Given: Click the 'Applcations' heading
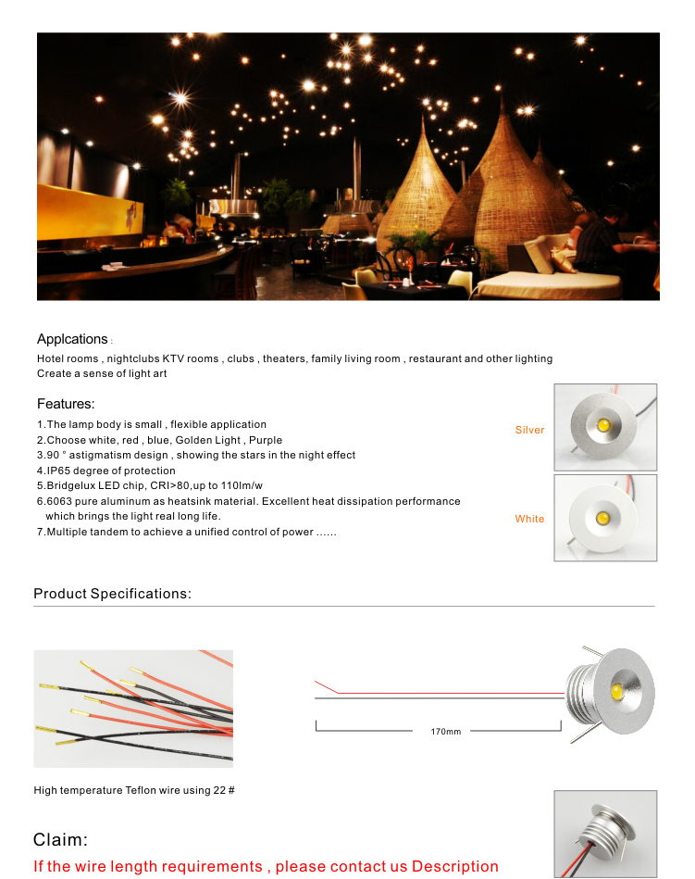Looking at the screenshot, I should pyautogui.click(x=72, y=339).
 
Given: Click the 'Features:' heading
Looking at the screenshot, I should pyautogui.click(x=66, y=404).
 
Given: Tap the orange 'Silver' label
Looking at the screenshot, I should pyautogui.click(x=529, y=430).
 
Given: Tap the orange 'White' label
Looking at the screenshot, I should pyautogui.click(x=529, y=519).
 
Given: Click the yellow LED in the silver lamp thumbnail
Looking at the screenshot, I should pyautogui.click(x=604, y=425).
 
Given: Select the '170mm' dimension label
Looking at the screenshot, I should pyautogui.click(x=445, y=732).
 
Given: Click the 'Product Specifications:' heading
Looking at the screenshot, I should pyautogui.click(x=112, y=594).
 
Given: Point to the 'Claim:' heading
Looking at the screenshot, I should pyautogui.click(x=60, y=840).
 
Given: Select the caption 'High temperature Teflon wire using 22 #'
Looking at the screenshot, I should pyautogui.click(x=134, y=790).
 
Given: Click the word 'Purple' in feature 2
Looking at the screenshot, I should pyautogui.click(x=266, y=440).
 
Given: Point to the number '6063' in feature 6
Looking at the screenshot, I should pyautogui.click(x=59, y=501).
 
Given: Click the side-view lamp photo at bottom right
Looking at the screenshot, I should pyautogui.click(x=605, y=833).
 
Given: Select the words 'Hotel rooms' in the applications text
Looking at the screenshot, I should pyautogui.click(x=67, y=358).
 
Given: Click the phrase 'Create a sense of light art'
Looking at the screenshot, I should pyautogui.click(x=102, y=373).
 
